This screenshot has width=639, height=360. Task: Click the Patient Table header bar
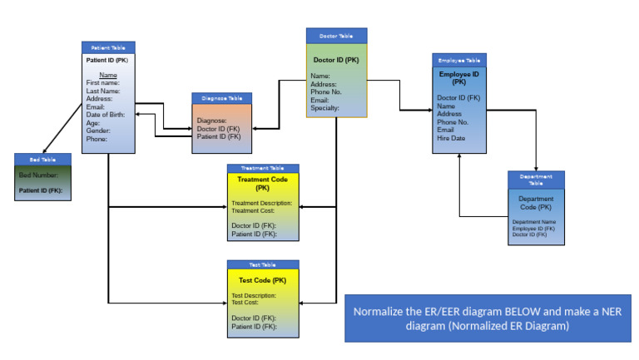click(108, 48)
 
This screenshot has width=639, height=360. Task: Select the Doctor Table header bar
click(336, 36)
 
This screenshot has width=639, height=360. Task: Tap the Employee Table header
click(459, 61)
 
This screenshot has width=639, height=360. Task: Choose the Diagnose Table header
click(221, 97)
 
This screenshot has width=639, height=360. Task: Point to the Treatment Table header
click(263, 168)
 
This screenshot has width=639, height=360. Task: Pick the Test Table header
click(263, 264)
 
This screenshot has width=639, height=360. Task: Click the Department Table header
click(536, 179)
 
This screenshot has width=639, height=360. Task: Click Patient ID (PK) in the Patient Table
click(107, 61)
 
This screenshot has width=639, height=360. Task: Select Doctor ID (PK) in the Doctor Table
click(336, 60)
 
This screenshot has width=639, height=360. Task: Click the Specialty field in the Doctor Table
click(324, 108)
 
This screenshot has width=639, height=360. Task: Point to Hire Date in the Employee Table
click(451, 138)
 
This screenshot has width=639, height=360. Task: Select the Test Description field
click(253, 295)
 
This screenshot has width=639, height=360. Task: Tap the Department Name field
click(533, 222)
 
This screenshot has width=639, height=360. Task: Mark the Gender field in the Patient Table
click(98, 131)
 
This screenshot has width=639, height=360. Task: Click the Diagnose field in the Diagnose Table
click(212, 121)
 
